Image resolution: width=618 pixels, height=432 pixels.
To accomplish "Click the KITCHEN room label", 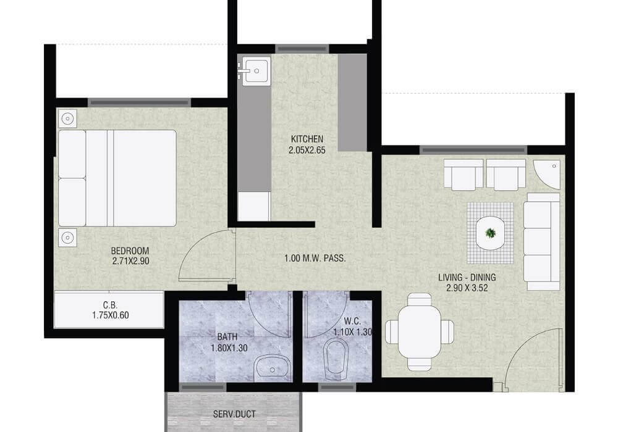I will (x=307, y=139).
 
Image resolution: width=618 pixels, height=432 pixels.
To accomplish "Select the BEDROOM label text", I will (x=130, y=251).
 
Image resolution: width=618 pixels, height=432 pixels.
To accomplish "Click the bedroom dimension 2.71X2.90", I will (x=130, y=261).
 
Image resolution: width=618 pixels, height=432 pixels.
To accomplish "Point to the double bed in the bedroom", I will (x=117, y=178).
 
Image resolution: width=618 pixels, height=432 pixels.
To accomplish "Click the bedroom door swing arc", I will (x=201, y=253).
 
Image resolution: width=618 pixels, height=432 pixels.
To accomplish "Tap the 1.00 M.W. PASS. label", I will (x=315, y=259).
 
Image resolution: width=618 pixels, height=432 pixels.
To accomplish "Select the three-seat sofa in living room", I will (x=541, y=237).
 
